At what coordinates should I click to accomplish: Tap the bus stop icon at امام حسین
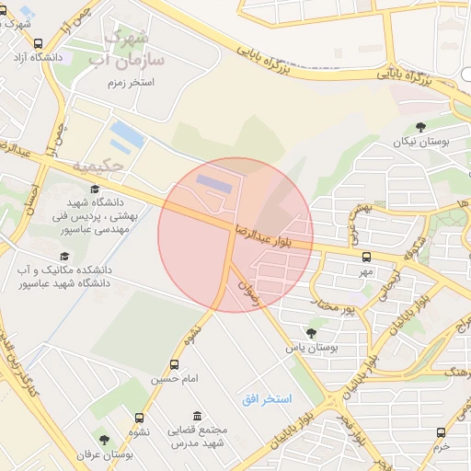175,364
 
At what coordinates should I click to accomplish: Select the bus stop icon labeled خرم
441,431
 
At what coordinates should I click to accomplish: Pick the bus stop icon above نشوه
140,417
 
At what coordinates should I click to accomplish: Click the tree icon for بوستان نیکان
420,127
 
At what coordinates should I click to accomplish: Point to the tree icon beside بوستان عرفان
104,440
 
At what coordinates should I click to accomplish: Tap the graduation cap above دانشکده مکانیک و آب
64,257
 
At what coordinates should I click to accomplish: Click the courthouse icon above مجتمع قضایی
197,416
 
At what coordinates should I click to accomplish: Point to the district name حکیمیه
97,167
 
